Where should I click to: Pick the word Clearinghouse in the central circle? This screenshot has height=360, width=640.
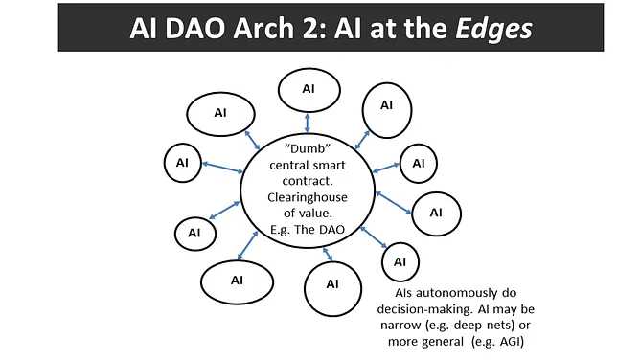click(x=309, y=197)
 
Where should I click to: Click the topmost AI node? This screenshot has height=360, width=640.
click(x=308, y=89)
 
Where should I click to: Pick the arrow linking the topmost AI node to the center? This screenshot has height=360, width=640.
click(x=308, y=122)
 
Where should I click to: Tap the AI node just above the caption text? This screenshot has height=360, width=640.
click(x=400, y=260)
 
